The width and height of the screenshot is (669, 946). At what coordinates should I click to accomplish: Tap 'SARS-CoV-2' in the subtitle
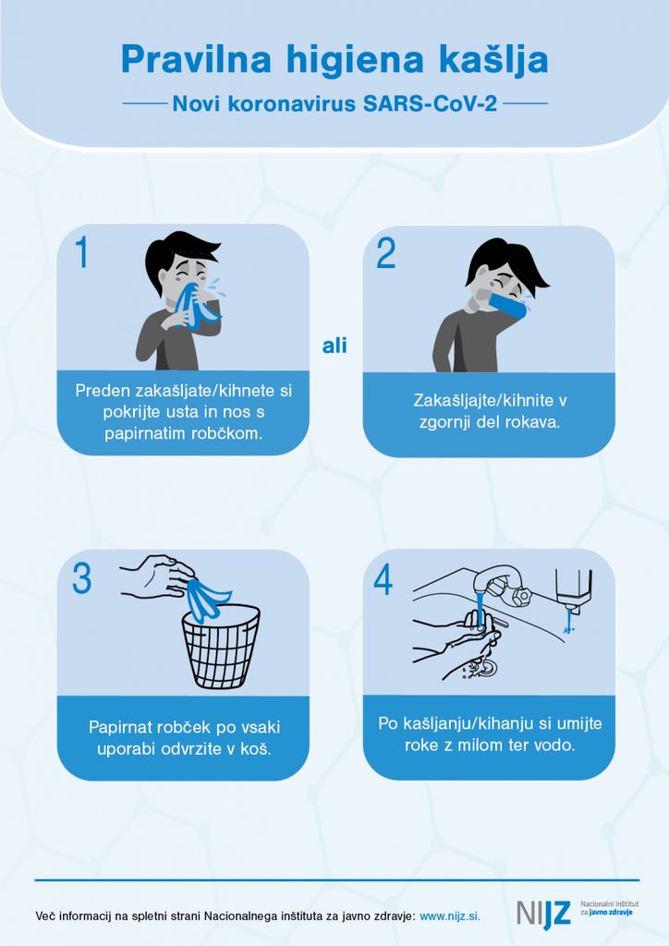click(x=430, y=103)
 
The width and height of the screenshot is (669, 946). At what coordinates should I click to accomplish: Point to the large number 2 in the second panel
click(x=386, y=253)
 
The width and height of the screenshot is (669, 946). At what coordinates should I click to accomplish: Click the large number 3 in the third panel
click(x=82, y=578)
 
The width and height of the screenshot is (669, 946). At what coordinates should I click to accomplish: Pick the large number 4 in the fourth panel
click(x=383, y=579)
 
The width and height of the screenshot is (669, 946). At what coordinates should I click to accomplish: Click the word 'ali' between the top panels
click(x=334, y=346)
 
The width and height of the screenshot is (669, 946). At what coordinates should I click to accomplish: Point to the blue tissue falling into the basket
click(x=206, y=599)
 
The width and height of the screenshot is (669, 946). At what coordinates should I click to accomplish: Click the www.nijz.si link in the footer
click(x=450, y=916)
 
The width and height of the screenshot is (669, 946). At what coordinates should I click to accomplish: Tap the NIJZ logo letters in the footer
click(x=543, y=914)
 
